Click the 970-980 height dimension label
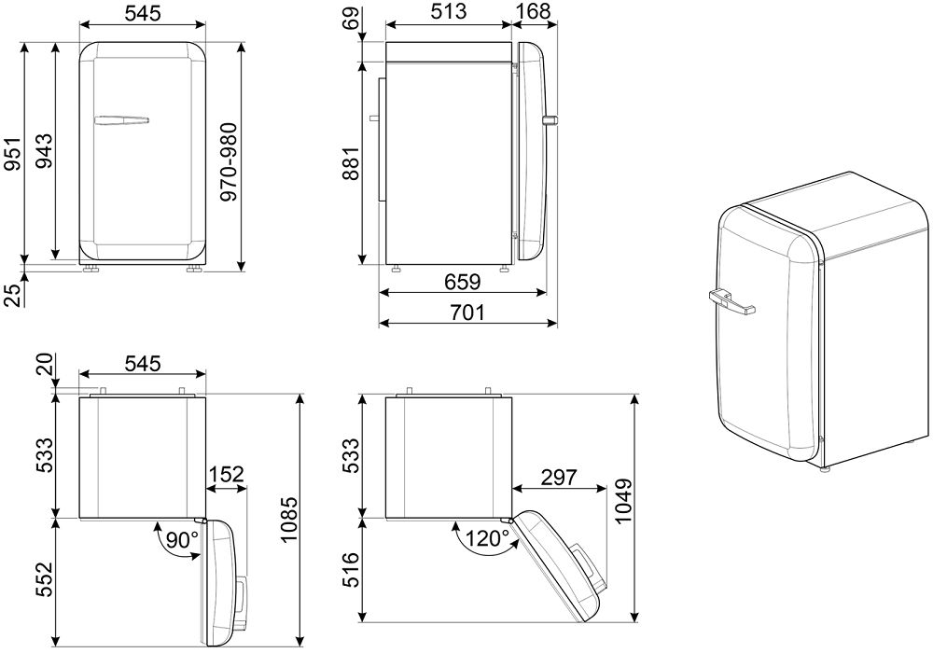[228, 162]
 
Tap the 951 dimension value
[14, 153]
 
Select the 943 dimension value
[44, 151]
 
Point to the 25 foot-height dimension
[14, 295]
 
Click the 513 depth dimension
[449, 11]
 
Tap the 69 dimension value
[353, 17]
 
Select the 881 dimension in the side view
[351, 164]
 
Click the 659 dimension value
[463, 282]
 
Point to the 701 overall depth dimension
[467, 312]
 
